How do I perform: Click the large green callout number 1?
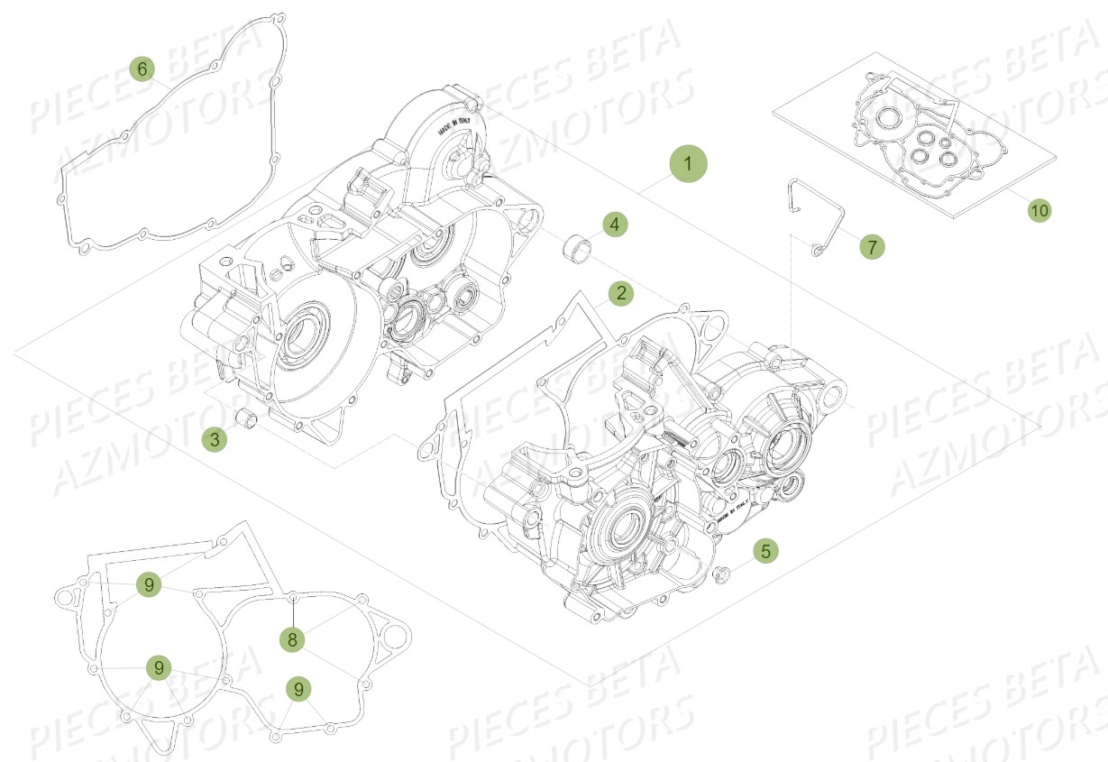[688, 164]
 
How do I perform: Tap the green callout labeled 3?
[215, 439]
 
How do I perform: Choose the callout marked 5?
[765, 550]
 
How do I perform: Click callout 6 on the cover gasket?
[142, 69]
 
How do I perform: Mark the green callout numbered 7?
[871, 246]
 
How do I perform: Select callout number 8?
[292, 639]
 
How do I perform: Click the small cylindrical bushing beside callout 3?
[245, 418]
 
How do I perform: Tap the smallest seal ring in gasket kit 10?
[944, 142]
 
